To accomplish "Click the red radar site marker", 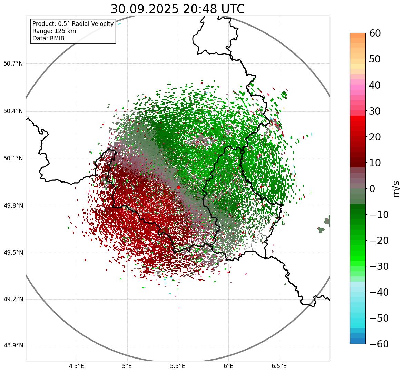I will tap(178, 187).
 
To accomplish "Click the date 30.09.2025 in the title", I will tap(145, 9).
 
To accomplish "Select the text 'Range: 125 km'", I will tap(54, 31).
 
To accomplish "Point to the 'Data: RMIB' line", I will tap(48, 38).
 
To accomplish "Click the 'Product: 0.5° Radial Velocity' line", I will tap(73, 24).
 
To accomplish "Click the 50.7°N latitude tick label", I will tap(13, 64).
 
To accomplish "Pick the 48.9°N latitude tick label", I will tap(13, 346).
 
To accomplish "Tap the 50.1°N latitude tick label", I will tap(13, 159).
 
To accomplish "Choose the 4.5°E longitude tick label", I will tap(77, 366).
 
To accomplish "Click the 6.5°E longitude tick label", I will tap(279, 366).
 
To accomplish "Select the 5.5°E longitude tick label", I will tap(178, 366).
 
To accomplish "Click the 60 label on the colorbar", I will tap(375, 33).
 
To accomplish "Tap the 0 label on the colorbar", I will tap(372, 189).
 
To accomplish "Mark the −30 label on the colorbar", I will tap(378, 266).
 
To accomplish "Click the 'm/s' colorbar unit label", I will tap(396, 189).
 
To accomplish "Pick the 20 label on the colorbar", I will tap(375, 137).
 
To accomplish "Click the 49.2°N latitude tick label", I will tap(13, 299).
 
